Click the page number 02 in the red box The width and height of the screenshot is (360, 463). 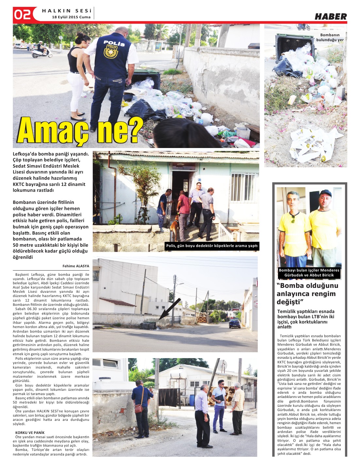coord(22,15)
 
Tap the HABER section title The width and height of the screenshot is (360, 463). coord(330,16)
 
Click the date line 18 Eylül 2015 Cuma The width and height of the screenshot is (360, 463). coord(71,17)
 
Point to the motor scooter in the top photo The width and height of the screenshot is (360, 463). coord(42,52)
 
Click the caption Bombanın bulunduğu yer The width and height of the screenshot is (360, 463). coord(330,37)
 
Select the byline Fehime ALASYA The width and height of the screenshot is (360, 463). coord(76,266)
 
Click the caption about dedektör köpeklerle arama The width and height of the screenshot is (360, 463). coord(212,246)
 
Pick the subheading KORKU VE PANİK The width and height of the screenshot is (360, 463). coord(30,433)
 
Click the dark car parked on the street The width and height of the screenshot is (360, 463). coord(235,323)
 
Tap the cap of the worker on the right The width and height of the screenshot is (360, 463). coord(325,193)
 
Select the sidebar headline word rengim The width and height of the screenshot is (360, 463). coord(314,293)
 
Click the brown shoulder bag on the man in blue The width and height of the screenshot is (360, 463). coord(139,408)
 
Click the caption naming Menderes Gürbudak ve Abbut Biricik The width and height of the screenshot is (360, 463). coord(309,273)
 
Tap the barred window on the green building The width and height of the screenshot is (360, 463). coord(243,187)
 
